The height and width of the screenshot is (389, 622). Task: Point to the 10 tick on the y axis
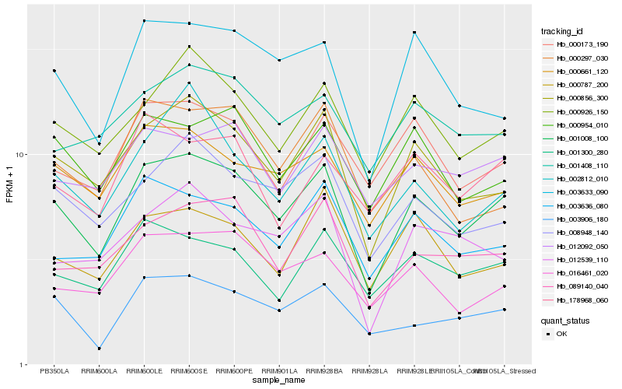(23, 154)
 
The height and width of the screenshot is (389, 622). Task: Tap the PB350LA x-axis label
(54, 372)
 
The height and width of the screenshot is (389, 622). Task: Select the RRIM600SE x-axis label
(189, 372)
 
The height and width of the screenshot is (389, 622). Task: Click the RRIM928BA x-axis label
(324, 372)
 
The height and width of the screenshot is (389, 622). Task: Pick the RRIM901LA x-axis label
(279, 372)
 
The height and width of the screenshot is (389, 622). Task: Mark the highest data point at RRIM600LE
(144, 20)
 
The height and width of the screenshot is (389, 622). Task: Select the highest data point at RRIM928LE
(414, 32)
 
